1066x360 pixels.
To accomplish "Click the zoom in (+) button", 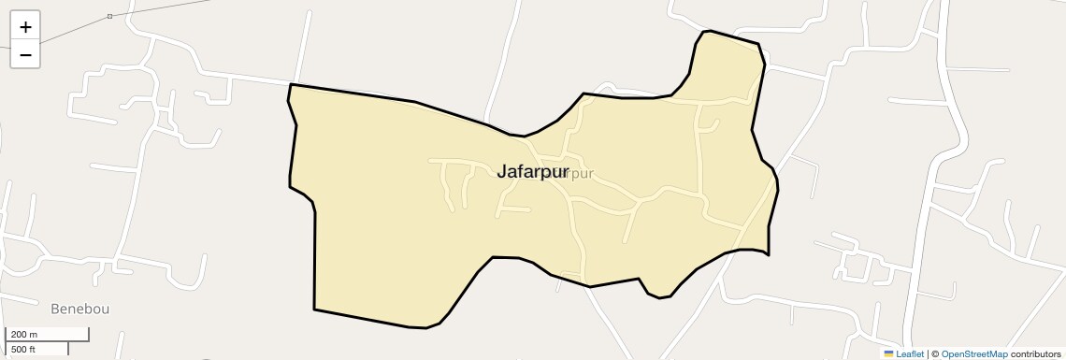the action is coord(25,27).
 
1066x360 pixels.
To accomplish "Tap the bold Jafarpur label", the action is coord(532,171).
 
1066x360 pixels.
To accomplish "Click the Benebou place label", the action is coord(80,308).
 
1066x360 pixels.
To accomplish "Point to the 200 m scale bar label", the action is coord(24,335).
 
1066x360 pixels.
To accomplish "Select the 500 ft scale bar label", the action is coord(24,349).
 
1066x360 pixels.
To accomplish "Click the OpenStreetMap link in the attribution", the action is coord(974,353).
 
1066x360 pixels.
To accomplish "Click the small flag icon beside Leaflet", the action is coord(888,353).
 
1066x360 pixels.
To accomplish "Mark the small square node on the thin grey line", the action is coord(109,17).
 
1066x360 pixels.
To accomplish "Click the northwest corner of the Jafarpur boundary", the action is coord(291,85).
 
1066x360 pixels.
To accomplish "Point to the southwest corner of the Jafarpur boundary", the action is coord(314,309).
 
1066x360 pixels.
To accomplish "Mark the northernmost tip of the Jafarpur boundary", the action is coord(709,31).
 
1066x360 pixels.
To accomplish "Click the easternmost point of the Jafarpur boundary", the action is coord(778,186).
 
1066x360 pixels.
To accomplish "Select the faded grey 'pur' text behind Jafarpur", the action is coord(581,173).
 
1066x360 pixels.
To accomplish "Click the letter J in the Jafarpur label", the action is coord(502,171).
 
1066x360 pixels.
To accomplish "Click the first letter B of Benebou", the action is coord(55,308).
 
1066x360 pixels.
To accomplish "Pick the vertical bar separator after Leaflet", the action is coord(928,353).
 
